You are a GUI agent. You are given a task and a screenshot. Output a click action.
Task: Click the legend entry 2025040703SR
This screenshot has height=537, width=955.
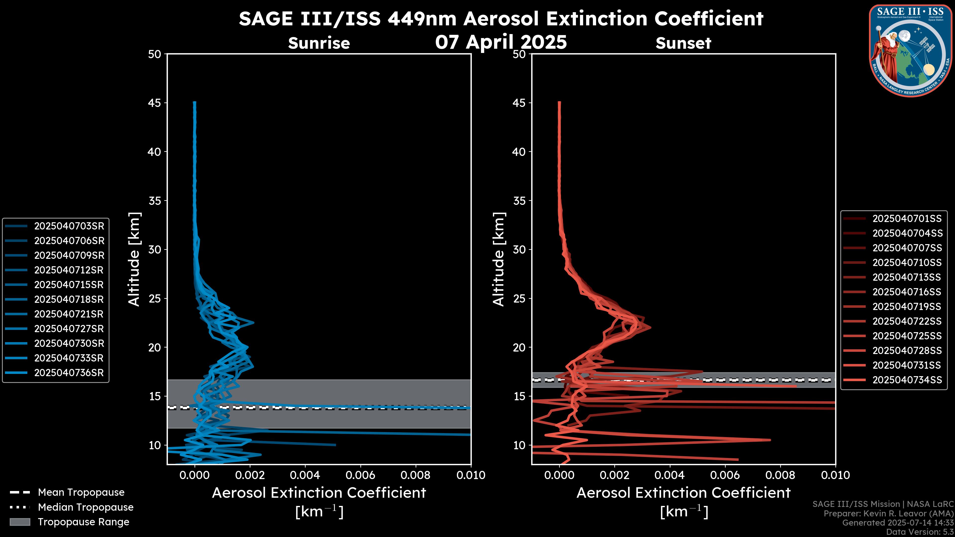[69, 226]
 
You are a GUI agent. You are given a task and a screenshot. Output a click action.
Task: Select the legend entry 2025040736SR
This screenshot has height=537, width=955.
[69, 373]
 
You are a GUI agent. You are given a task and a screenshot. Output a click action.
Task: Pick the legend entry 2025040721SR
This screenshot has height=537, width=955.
[69, 314]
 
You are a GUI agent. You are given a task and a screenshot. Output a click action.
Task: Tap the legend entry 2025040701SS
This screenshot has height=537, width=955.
[907, 219]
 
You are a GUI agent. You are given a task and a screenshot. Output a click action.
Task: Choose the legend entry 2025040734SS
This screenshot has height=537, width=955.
[907, 380]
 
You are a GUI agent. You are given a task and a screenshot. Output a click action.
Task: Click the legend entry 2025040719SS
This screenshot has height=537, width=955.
[907, 307]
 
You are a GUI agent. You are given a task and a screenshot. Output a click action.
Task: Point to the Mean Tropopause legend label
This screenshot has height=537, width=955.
[81, 492]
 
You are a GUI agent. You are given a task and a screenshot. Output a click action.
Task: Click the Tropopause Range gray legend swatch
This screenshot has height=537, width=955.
[20, 522]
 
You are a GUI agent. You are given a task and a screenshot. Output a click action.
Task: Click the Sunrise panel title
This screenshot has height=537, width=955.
[319, 43]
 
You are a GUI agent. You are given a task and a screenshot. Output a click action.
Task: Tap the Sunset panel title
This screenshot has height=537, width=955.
[683, 43]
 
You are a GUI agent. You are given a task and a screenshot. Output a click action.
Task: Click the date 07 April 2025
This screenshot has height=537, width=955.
[501, 42]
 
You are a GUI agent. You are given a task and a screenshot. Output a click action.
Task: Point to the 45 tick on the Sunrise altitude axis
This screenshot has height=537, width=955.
[155, 103]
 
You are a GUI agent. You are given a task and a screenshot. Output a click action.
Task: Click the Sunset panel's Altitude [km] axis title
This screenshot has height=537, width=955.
[499, 259]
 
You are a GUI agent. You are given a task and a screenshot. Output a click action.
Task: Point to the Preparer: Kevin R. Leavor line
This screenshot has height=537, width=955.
[888, 514]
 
